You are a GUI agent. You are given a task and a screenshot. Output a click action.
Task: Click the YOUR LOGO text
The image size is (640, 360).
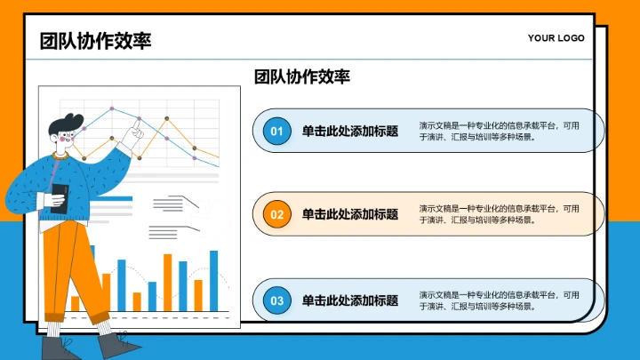pos(556,38)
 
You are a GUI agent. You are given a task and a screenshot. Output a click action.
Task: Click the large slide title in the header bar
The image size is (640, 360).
pos(95,40)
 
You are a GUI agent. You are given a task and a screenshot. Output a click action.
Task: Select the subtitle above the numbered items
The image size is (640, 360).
pos(301,77)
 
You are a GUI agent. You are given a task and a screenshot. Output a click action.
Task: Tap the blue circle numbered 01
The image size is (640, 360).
pos(276,132)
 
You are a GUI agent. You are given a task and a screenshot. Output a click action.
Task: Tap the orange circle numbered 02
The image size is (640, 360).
pos(276,214)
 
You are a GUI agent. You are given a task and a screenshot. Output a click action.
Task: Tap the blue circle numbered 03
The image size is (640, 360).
pos(276,300)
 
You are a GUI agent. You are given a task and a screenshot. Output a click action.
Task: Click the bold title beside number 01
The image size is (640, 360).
pos(349,132)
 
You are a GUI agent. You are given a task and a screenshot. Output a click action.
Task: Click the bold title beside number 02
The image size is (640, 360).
pos(349,214)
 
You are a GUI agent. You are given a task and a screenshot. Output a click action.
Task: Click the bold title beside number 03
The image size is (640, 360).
pos(349,300)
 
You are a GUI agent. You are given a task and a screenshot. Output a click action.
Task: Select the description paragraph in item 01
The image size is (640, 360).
pos(499,132)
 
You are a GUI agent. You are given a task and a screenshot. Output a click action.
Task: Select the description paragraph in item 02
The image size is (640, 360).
pos(499,214)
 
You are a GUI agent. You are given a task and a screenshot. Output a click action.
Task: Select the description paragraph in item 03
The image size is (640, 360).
pos(499,300)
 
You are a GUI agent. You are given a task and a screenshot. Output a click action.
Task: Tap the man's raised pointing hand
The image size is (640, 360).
pos(134,135)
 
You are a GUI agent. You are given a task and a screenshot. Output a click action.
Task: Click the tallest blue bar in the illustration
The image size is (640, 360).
pos(213,280)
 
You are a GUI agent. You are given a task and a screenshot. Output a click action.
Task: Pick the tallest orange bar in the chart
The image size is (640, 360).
pos(166,282)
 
